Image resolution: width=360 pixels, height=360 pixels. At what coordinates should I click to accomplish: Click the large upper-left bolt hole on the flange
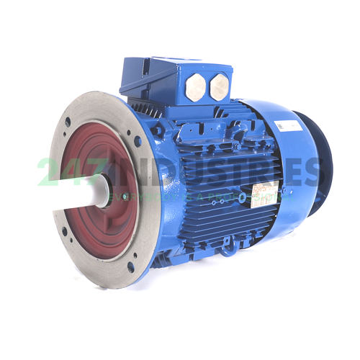(x=68, y=122)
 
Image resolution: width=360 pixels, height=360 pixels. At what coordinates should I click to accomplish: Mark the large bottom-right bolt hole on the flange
(x=130, y=266)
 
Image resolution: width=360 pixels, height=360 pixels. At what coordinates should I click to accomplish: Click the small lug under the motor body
(x=229, y=251)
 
